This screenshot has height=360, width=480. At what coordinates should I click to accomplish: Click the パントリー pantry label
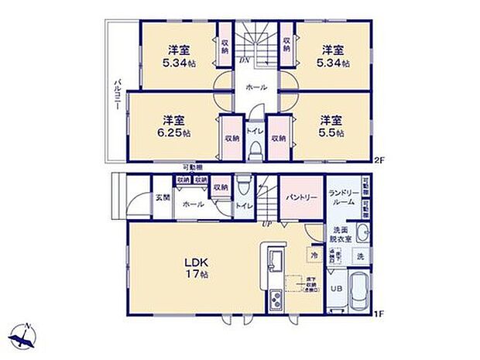tap(301, 198)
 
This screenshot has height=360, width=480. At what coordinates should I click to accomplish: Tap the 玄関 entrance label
tap(161, 197)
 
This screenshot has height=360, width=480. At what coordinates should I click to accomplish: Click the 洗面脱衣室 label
tap(341, 235)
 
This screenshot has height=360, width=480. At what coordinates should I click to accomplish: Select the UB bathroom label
tap(336, 289)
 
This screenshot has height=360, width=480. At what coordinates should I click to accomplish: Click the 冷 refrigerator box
tap(314, 253)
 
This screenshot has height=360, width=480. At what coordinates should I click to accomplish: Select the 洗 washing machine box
tap(361, 255)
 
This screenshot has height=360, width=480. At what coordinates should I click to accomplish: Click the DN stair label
tap(245, 60)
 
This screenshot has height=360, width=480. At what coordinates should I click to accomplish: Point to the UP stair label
tap(266, 225)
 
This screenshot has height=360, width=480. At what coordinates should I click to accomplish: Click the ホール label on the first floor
tap(194, 204)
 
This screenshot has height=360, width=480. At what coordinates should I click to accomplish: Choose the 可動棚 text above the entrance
tap(193, 167)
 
